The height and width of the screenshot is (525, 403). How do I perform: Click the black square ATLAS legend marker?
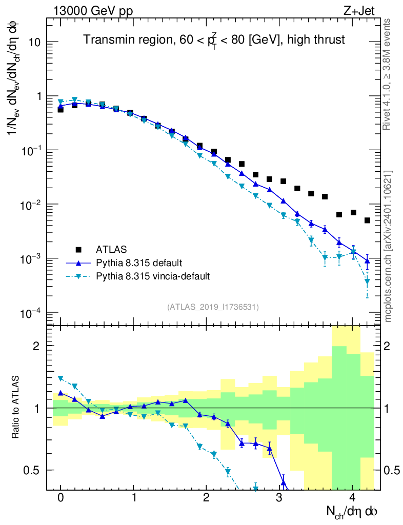[78, 250]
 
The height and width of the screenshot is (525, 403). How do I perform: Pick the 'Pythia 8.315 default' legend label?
[139, 263]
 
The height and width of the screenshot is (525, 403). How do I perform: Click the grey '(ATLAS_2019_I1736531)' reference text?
[213, 307]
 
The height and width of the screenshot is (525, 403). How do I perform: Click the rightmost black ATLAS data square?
[367, 220]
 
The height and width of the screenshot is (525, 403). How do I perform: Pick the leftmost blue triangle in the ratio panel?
[61, 393]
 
